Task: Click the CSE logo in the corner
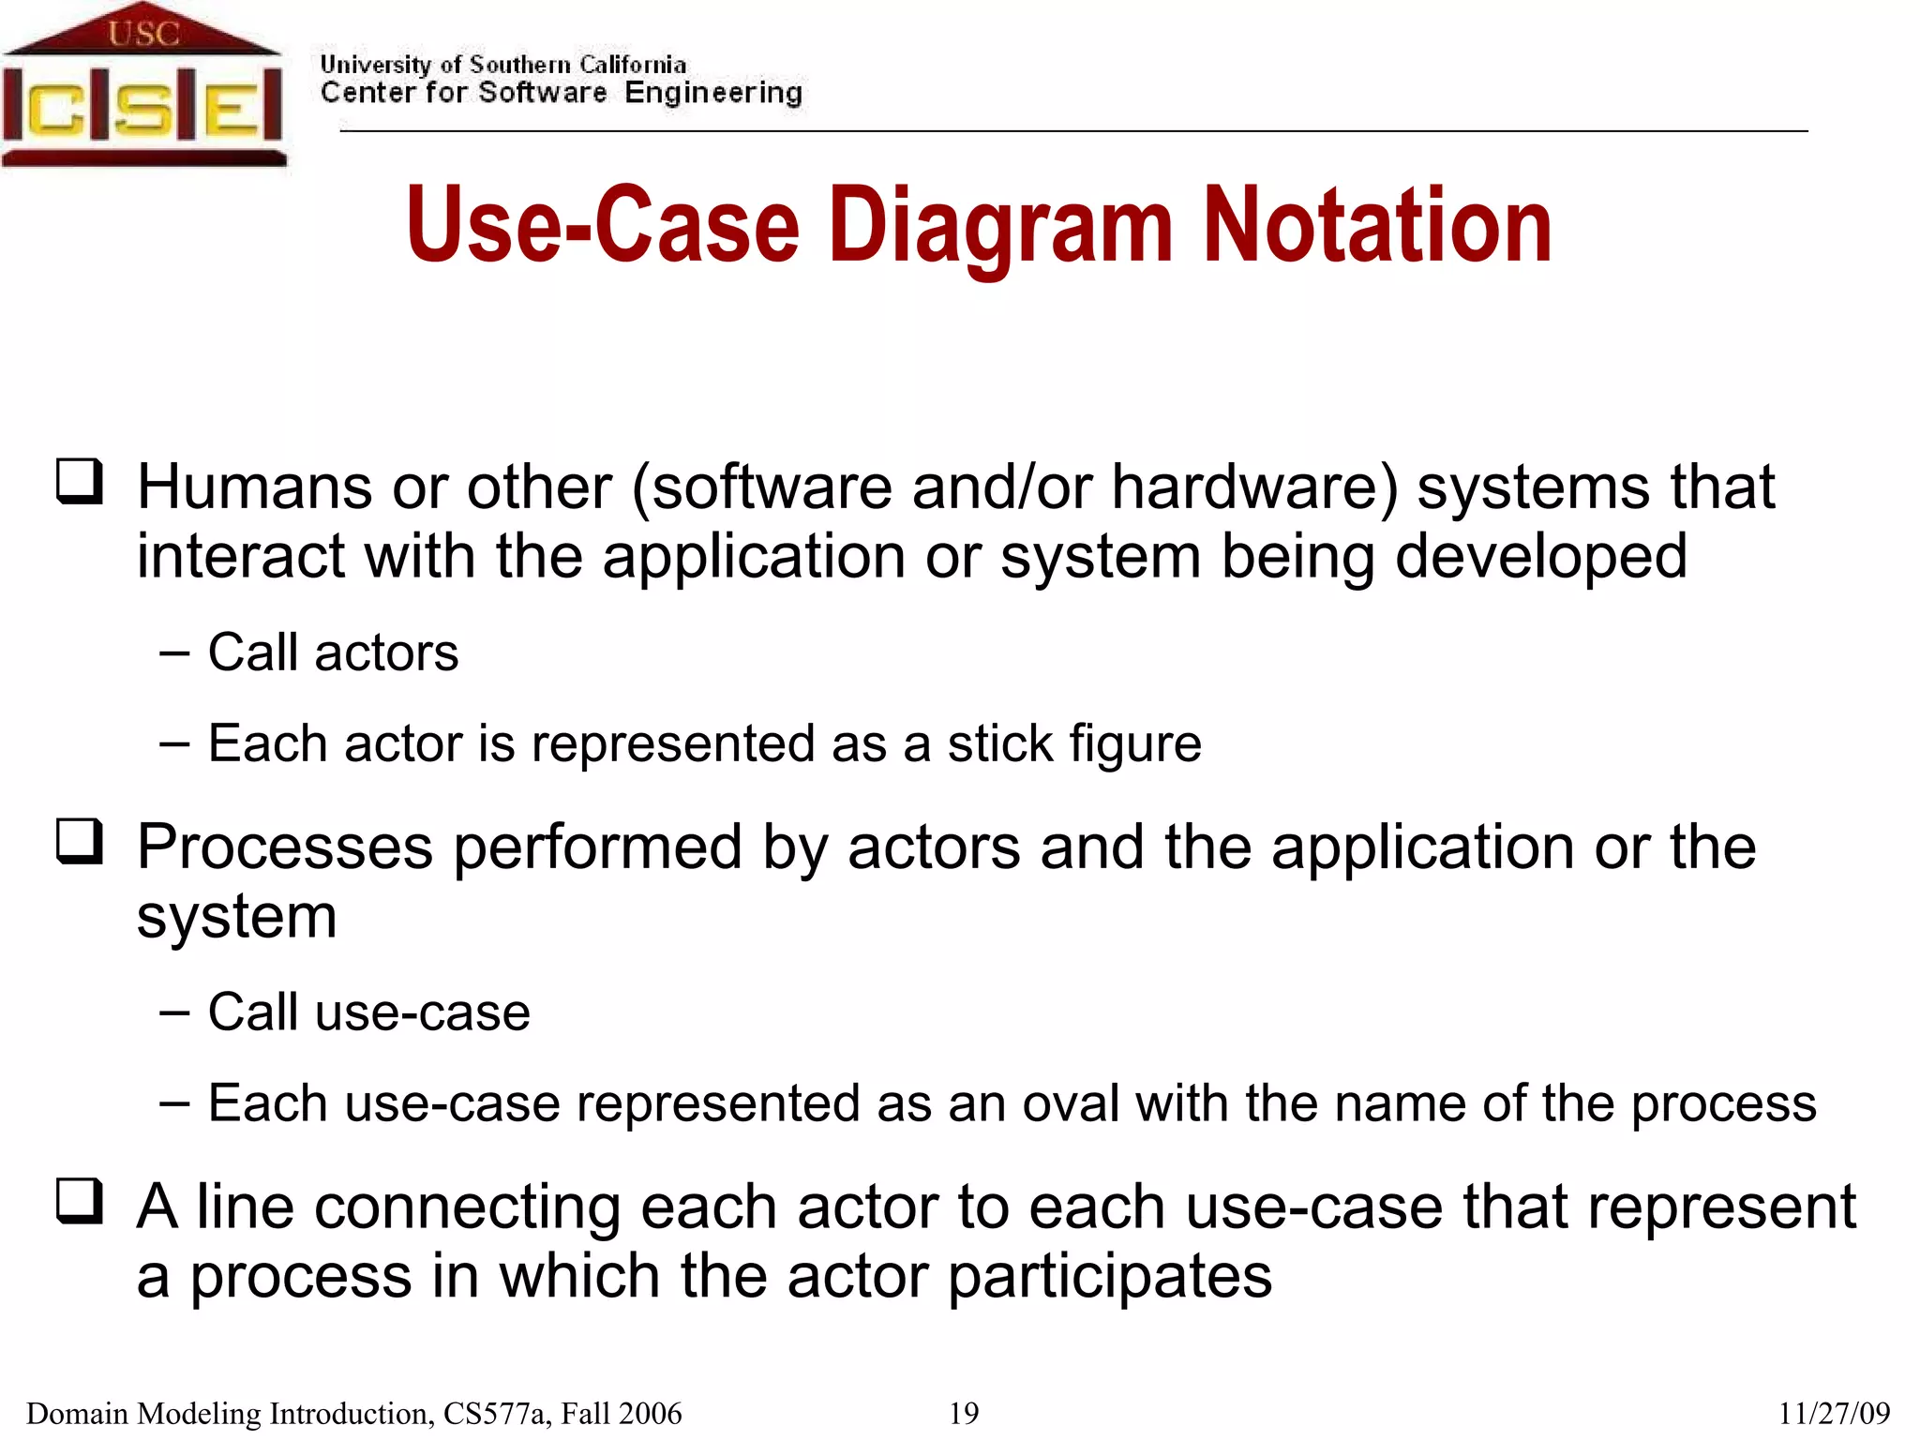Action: [142, 86]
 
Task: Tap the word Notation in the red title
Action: [1377, 226]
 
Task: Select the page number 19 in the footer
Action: [964, 1413]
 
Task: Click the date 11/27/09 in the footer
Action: [1834, 1413]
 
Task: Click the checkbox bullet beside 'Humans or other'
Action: [80, 481]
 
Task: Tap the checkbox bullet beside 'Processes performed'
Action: [80, 840]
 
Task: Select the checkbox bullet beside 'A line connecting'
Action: [80, 1200]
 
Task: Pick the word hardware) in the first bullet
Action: [1254, 487]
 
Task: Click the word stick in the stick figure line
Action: [999, 743]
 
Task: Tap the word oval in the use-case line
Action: [1071, 1103]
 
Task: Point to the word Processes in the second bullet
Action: [285, 847]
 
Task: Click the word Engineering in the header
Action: [713, 93]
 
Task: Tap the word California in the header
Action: [632, 65]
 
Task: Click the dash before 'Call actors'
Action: [174, 652]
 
